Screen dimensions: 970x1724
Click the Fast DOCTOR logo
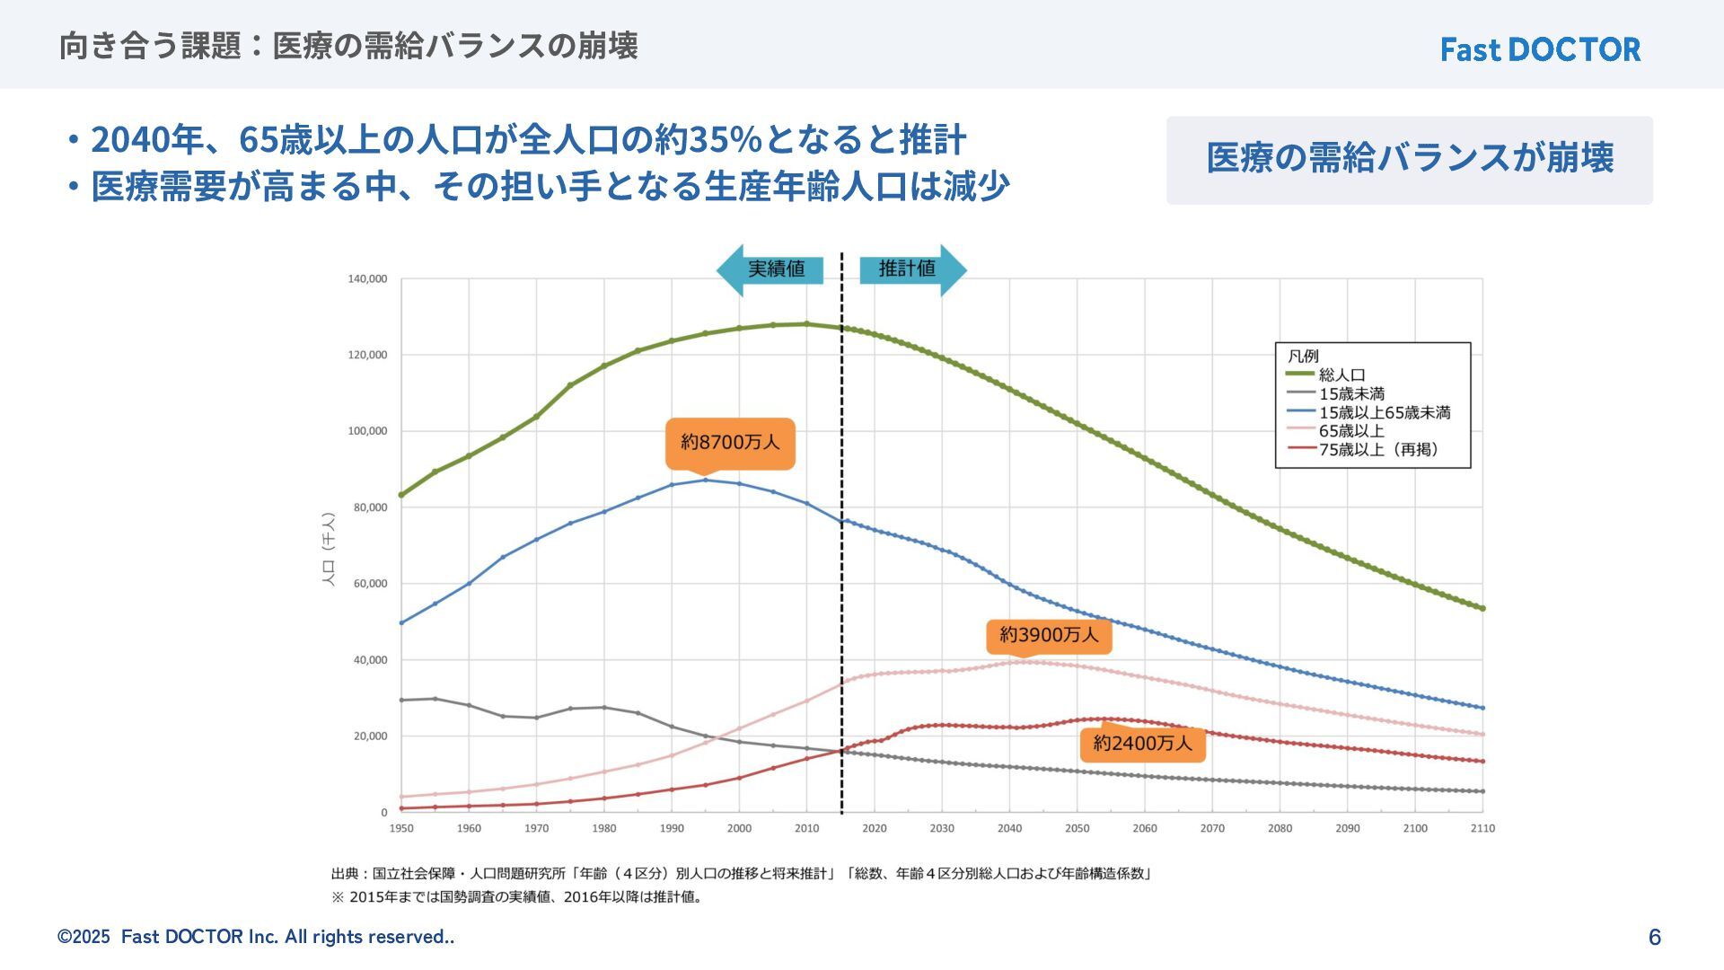[1540, 49]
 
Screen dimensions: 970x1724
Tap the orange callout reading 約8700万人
[730, 443]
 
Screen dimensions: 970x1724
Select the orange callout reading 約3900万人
[1049, 636]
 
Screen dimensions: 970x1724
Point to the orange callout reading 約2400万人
[1142, 744]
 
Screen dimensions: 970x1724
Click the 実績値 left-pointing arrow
[770, 269]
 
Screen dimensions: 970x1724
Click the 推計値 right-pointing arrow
[912, 269]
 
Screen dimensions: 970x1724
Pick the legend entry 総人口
[1341, 375]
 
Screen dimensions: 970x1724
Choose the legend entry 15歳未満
[1350, 393]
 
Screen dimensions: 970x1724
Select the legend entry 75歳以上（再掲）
[1377, 450]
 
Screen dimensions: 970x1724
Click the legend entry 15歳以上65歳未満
[1384, 412]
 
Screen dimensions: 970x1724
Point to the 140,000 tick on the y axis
[367, 279]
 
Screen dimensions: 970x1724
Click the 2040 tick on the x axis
[1009, 828]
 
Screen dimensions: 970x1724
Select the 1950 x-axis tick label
[401, 828]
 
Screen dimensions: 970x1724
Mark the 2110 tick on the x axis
[1482, 828]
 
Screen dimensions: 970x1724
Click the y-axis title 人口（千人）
[329, 550]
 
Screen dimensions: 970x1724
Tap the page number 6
[1655, 938]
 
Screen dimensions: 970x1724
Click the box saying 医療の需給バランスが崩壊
[1409, 159]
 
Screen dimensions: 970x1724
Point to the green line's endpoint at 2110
[1482, 608]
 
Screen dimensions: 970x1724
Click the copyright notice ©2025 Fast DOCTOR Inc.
[256, 937]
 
